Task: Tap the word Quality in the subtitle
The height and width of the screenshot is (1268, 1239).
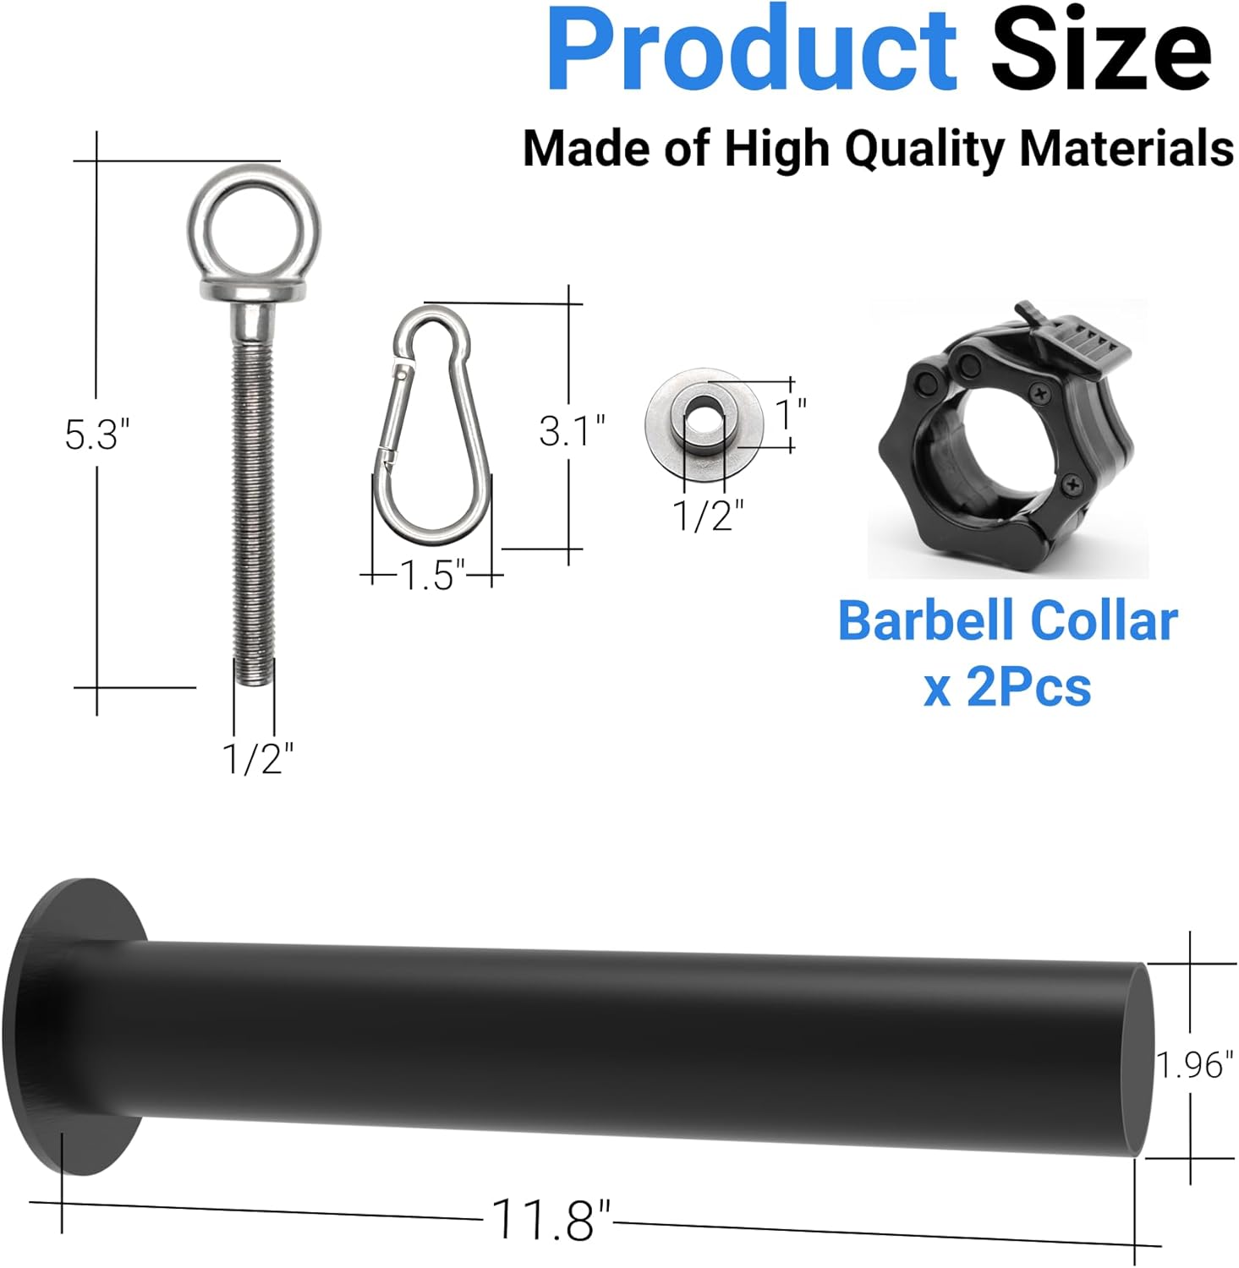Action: pyautogui.click(x=924, y=150)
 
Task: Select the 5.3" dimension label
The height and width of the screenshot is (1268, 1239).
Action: pyautogui.click(x=96, y=435)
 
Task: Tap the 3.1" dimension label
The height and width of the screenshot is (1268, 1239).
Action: pyautogui.click(x=573, y=430)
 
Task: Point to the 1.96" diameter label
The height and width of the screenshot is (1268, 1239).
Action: pyautogui.click(x=1194, y=1065)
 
